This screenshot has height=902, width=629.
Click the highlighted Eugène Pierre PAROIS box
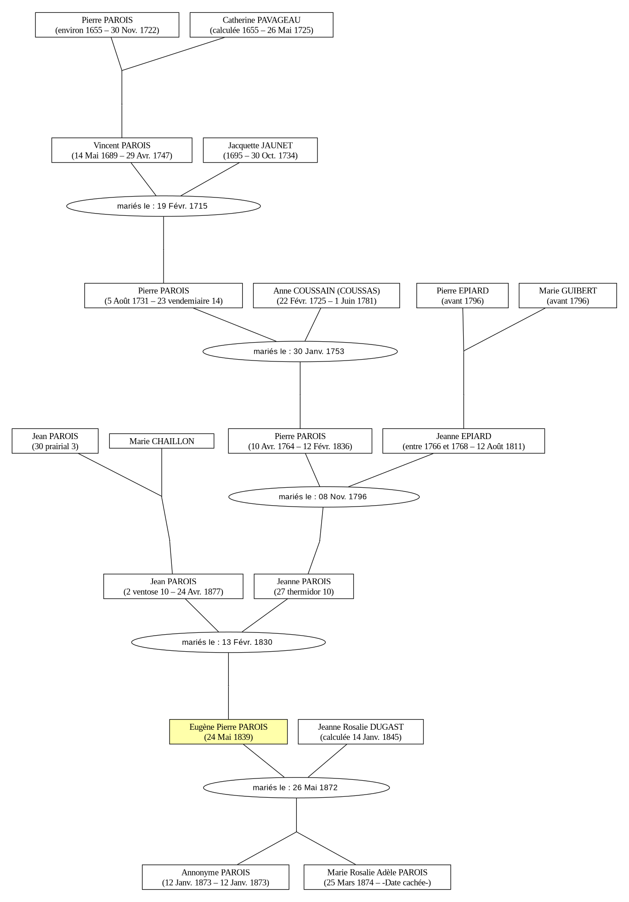click(228, 732)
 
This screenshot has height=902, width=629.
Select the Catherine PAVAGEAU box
click(261, 25)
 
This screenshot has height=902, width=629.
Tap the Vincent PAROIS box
click(122, 150)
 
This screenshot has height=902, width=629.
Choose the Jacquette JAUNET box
click(260, 150)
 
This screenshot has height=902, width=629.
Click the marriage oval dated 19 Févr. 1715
click(164, 206)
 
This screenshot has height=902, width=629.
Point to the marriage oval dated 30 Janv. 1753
click(300, 351)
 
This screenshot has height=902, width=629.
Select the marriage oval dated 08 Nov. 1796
click(324, 496)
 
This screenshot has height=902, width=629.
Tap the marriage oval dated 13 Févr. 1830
click(228, 642)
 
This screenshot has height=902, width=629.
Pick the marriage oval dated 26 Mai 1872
click(296, 788)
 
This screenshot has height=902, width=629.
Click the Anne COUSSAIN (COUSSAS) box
click(326, 295)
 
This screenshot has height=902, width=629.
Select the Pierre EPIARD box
click(462, 295)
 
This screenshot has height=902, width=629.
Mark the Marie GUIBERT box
click(568, 295)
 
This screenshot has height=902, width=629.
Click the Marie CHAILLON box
click(162, 441)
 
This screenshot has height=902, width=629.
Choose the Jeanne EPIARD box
click(464, 441)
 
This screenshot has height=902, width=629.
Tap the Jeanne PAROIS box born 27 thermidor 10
click(304, 586)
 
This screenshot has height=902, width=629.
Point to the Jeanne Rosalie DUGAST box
click(361, 732)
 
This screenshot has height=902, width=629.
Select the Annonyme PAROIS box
click(215, 877)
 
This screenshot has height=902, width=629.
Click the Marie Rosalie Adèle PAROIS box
click(377, 877)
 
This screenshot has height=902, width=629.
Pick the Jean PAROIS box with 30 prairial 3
click(55, 441)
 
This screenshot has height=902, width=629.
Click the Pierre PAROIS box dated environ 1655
click(107, 25)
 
